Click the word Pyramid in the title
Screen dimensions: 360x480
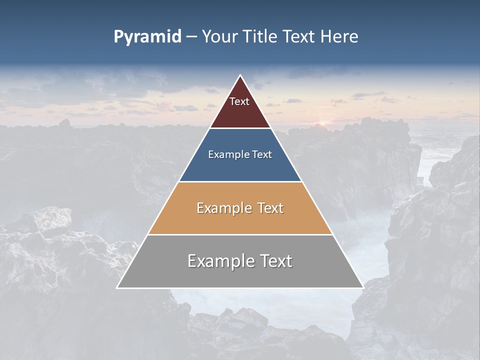pyautogui.click(x=147, y=37)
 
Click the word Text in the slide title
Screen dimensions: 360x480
pyautogui.click(x=299, y=36)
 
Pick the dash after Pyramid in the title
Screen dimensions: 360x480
pyautogui.click(x=191, y=37)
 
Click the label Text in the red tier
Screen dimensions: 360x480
pyautogui.click(x=239, y=101)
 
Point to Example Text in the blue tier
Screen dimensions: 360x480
pyautogui.click(x=240, y=154)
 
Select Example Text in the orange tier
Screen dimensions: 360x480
pyautogui.click(x=240, y=208)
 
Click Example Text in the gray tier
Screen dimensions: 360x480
pyautogui.click(x=240, y=261)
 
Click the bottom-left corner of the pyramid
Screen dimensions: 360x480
pyautogui.click(x=117, y=287)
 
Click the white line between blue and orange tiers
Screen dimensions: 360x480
pyautogui.click(x=240, y=181)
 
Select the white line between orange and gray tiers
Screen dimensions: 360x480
pyautogui.click(x=240, y=234)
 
